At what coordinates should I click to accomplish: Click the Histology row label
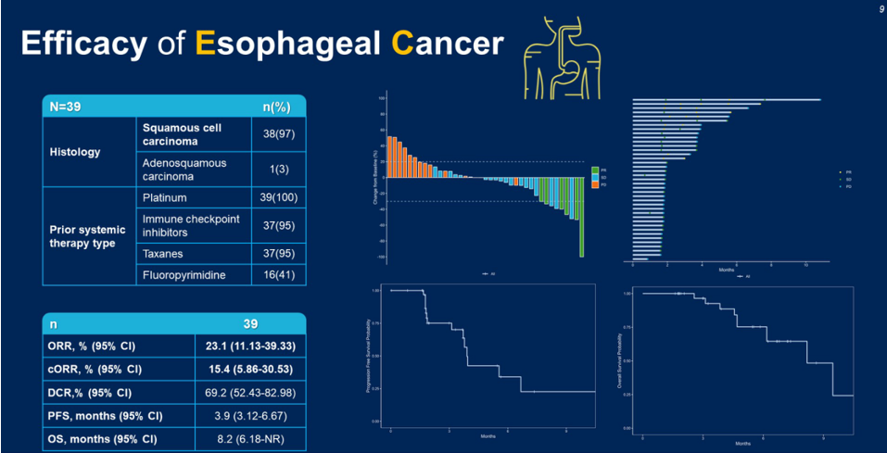click(x=75, y=152)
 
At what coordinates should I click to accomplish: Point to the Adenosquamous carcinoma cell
click(x=184, y=169)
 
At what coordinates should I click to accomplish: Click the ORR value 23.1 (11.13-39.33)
click(x=249, y=346)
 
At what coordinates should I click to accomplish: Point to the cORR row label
click(x=96, y=369)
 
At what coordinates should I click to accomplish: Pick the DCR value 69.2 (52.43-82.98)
click(x=249, y=392)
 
